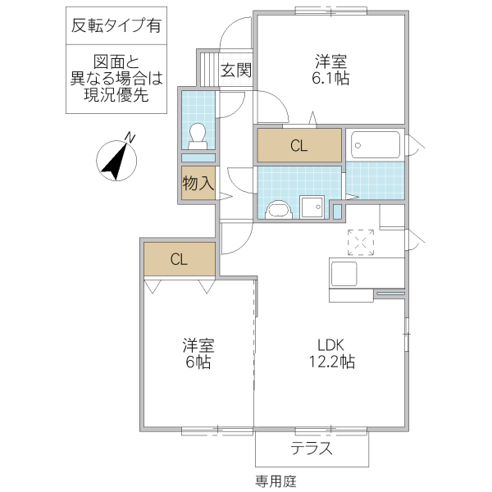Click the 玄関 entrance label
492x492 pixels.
[x=236, y=71]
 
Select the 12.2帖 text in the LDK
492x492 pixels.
[x=332, y=361]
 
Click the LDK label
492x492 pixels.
[x=332, y=344]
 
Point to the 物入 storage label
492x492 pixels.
[x=198, y=184]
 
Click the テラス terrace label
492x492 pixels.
[x=312, y=449]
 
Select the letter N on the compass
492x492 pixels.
[x=130, y=136]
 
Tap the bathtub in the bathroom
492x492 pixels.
[x=376, y=145]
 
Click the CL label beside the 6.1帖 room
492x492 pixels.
[x=298, y=147]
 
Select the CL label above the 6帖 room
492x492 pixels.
[x=180, y=260]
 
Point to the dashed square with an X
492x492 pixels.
[x=361, y=243]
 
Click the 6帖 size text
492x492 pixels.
[x=197, y=361]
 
